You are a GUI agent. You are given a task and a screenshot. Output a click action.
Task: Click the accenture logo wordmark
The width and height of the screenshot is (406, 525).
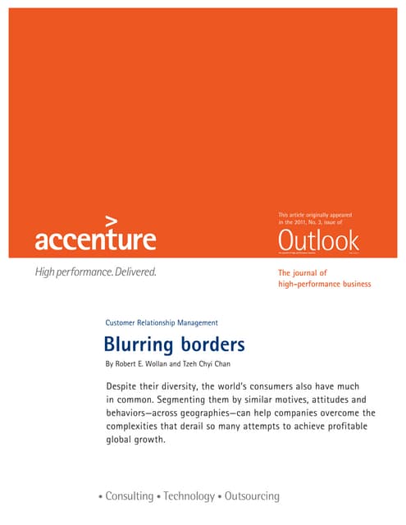point(95,240)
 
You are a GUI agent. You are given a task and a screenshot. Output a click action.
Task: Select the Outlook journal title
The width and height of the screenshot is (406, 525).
point(318,241)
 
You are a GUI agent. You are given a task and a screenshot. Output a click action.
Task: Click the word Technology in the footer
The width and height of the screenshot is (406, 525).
point(194,496)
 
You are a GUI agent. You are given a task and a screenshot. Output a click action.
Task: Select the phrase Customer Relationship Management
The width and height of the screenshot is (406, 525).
point(162,322)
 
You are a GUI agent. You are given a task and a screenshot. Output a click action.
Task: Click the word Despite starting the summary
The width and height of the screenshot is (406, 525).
point(123,386)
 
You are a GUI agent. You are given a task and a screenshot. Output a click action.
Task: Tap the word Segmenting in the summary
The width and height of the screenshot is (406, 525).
point(194,399)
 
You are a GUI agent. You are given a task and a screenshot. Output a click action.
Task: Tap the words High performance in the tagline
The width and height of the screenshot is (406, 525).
point(71,272)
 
